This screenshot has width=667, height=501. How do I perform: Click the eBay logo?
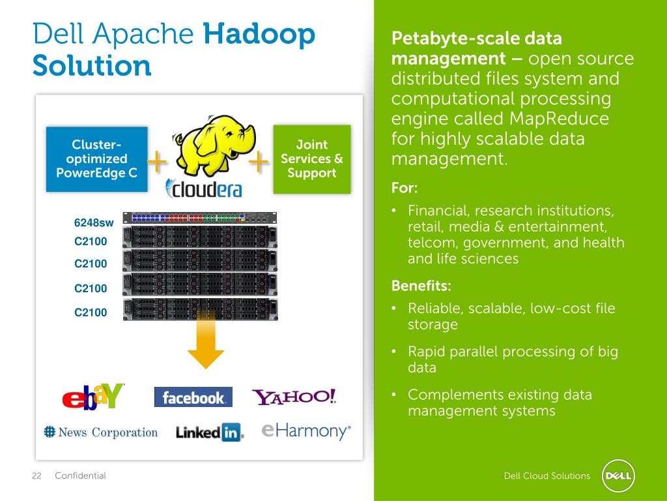[x=92, y=396]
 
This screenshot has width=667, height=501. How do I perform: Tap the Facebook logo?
[x=193, y=397]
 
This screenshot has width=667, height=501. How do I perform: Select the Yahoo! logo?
[x=294, y=397]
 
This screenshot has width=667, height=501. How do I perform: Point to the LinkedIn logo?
[x=209, y=432]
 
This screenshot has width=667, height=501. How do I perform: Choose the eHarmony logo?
[x=306, y=431]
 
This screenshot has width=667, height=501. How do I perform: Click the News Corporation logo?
[x=101, y=432]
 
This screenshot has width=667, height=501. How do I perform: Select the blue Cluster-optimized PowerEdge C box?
[x=96, y=159]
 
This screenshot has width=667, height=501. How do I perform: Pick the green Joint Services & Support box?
[x=311, y=159]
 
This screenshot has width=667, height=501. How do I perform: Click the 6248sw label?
[x=94, y=222]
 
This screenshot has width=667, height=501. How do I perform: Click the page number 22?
[x=36, y=476]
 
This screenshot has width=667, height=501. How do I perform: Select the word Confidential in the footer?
[x=80, y=476]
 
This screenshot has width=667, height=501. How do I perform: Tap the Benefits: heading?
[x=421, y=286]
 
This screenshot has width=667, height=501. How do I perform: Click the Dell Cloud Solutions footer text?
[x=547, y=476]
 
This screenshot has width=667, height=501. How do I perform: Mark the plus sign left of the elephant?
[x=156, y=162]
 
